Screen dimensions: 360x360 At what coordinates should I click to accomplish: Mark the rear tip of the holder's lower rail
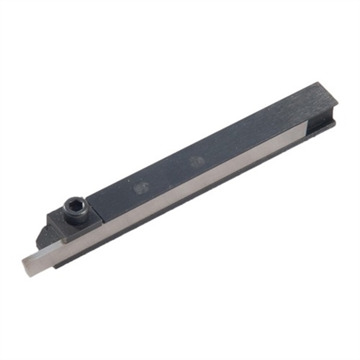tap(334, 122)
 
